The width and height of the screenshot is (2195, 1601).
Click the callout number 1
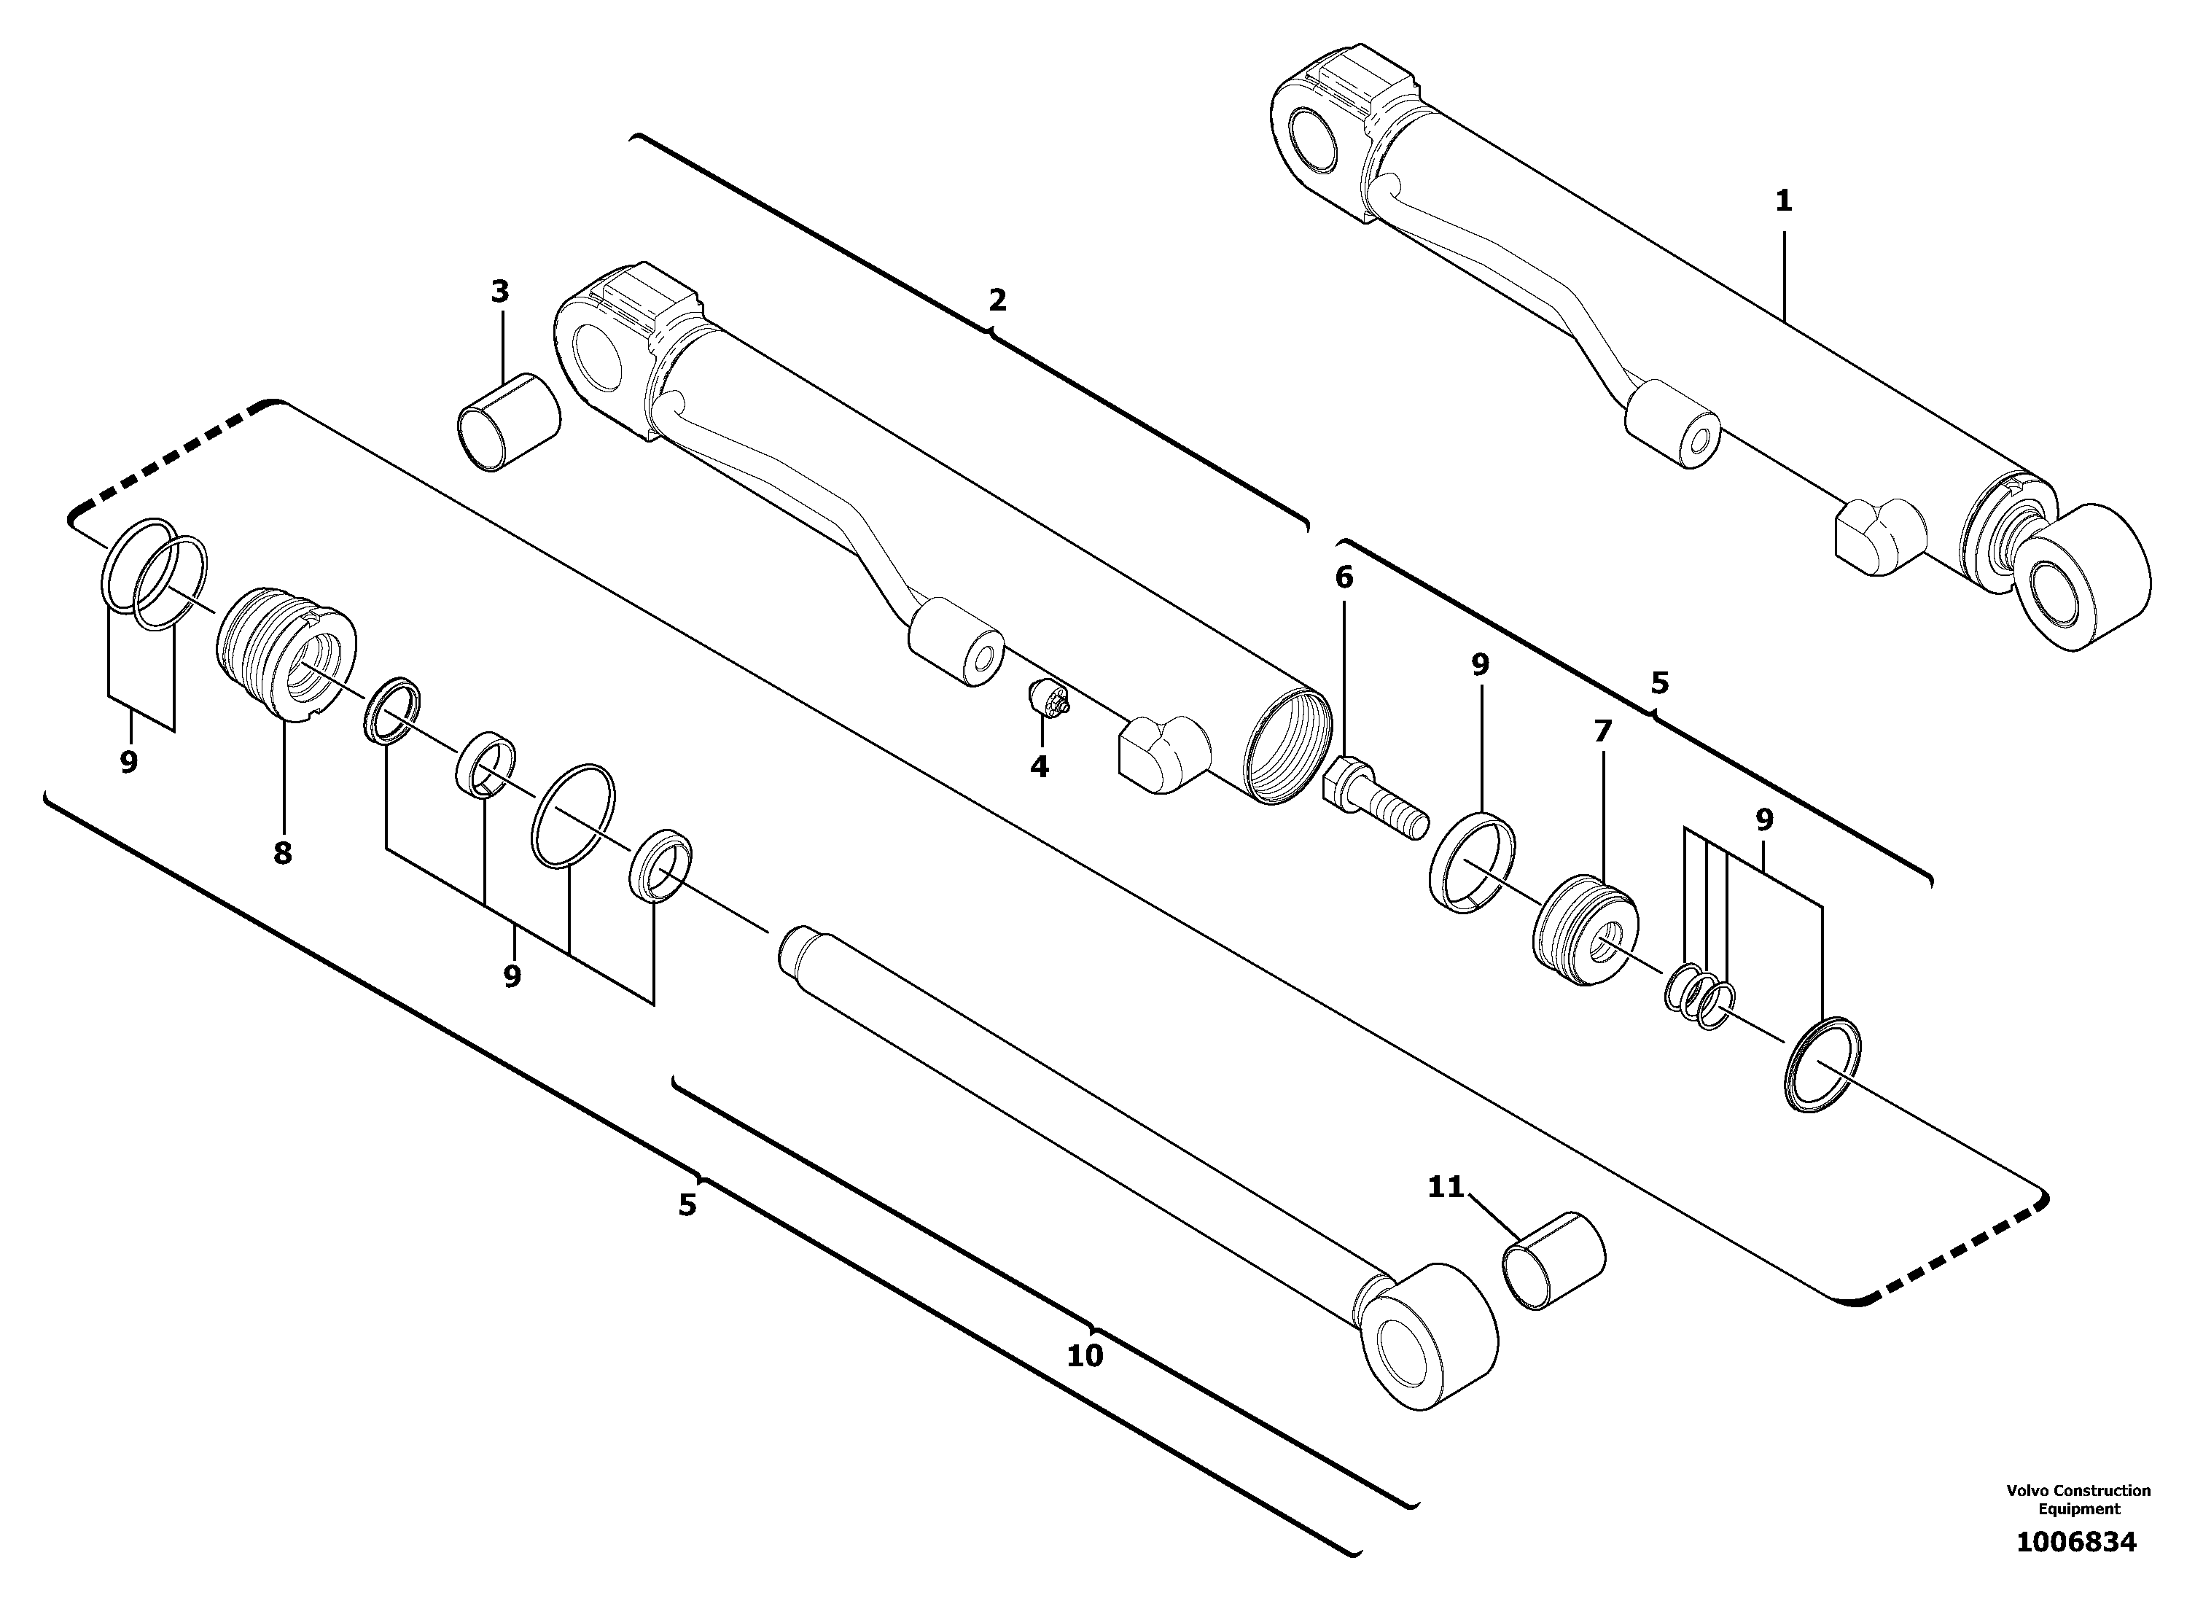click(1783, 201)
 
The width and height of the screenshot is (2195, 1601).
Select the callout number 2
click(997, 300)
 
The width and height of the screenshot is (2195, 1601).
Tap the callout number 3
click(500, 291)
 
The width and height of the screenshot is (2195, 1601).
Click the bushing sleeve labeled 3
click(509, 423)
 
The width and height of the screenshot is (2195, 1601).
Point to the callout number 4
click(1039, 766)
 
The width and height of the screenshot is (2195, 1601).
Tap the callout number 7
click(1601, 732)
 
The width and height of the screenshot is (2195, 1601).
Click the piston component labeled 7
click(1586, 931)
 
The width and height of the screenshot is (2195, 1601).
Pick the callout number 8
click(282, 854)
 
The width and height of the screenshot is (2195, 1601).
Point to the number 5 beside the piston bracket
click(1659, 683)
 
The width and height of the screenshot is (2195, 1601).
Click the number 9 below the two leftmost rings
click(129, 763)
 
